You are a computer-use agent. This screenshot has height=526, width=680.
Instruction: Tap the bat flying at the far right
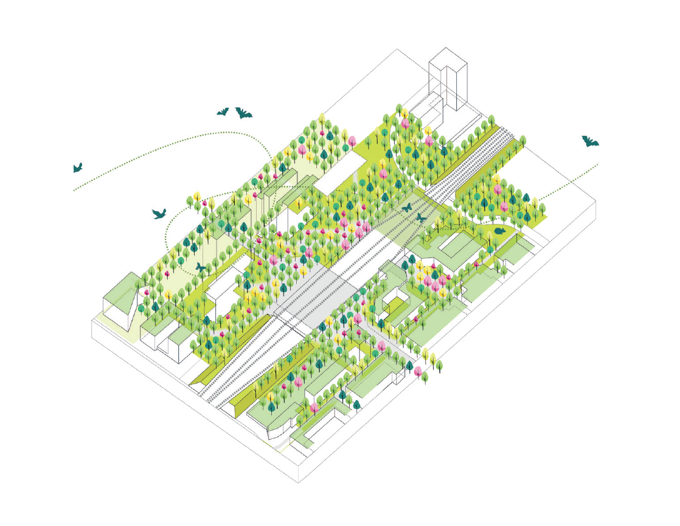[x=589, y=142]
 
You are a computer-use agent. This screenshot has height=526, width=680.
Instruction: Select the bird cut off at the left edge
[x=77, y=168]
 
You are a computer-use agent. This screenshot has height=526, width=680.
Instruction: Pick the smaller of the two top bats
[x=223, y=112]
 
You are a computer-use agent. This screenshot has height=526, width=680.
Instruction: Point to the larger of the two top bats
[x=243, y=113]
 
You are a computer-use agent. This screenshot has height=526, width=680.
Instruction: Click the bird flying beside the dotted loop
[x=159, y=214]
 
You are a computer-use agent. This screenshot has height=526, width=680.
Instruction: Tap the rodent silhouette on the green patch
[x=499, y=230]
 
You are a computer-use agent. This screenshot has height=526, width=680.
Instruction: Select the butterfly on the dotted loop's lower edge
[x=200, y=267]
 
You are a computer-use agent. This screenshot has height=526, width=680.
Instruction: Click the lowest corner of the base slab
[x=298, y=482]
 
